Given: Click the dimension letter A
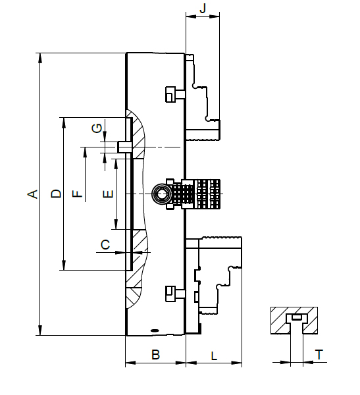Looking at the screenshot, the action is pos(32,194).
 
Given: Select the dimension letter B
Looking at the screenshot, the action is pos(156,354).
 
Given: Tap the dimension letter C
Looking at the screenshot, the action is pos(105,244).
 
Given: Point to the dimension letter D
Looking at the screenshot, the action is pos(56,194).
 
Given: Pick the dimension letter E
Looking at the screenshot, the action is pos(109,194).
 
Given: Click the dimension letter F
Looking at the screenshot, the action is pos(77,194).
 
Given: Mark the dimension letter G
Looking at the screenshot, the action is pos(97,128).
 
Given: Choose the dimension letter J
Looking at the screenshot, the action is pos(203,8).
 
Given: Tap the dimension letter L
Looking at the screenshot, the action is pos(214,356).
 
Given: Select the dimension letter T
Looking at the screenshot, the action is pos(319,355).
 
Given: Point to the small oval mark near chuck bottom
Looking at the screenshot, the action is pos(154,330).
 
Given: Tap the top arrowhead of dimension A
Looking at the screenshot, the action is pos(39,58).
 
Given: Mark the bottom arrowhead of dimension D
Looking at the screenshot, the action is pos(64,265).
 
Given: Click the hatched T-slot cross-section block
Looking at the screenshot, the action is pos(294,321).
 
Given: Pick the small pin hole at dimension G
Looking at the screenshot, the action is pos(124,147).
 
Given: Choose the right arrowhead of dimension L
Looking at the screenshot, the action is pos(237,363).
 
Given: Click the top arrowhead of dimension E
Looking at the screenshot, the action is pos(116,164).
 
